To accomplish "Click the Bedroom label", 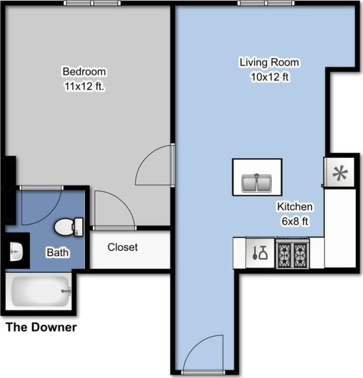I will point(84,72).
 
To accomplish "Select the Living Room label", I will point(269,63).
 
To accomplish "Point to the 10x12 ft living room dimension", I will point(269,77).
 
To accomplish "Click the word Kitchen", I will point(294,207).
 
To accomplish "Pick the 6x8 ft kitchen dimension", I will point(295,222).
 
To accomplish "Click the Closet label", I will point(123,247).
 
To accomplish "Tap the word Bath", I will point(58,253).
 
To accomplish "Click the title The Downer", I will point(41,327).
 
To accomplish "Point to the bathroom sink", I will point(16,252).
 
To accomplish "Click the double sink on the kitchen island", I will point(257,183).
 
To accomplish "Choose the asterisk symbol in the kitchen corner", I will point(339,173).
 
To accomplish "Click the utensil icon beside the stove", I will point(260,253).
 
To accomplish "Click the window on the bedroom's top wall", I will point(92,3).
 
